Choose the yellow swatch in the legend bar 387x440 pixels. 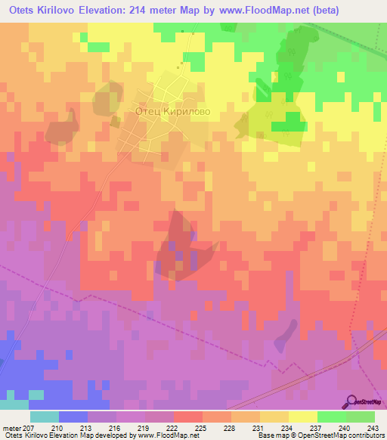pos(302,416)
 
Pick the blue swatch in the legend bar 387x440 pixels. pos(73,416)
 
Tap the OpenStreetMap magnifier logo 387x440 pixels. pos(351,401)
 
